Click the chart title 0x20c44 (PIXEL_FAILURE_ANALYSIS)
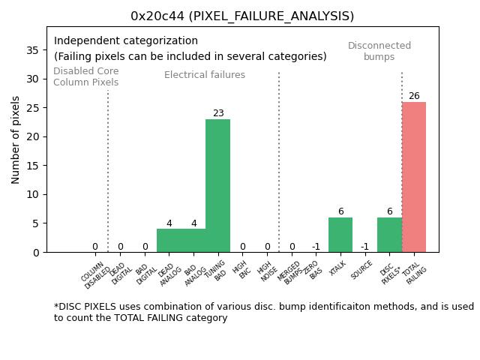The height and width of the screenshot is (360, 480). coord(242,16)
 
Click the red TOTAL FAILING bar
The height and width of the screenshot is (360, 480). coord(414,177)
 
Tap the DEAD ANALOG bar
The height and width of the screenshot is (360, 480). coord(169,241)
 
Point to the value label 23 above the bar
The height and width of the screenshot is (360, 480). coord(218,113)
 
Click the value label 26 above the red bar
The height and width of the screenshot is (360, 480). coord(414,96)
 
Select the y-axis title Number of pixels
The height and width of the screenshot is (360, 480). coord(16,139)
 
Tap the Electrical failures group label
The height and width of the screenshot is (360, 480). coord(205,75)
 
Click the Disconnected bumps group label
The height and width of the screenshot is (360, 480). coord(379,51)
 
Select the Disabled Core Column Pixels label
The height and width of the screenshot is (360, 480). coord(85,76)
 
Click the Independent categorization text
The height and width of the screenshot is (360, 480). coord(126,41)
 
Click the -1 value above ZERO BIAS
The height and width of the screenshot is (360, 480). coord(316,247)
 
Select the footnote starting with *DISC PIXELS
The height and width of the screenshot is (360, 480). coord(262,312)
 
